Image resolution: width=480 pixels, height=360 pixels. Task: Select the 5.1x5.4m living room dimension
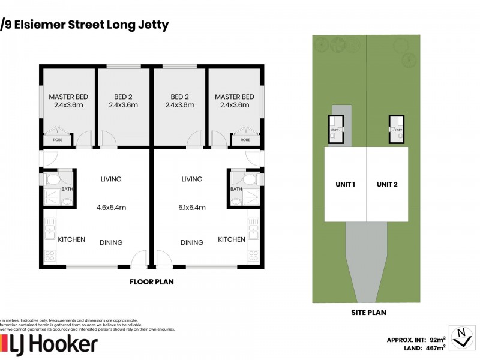tap(192, 208)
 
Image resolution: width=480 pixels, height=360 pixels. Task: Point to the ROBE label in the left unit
tap(58, 140)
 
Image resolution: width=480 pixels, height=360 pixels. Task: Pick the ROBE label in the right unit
tap(245, 140)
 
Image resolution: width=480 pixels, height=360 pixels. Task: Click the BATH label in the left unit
tap(67, 189)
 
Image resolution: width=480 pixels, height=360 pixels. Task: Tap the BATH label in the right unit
tap(236, 189)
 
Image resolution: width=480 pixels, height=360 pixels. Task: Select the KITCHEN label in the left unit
tap(71, 239)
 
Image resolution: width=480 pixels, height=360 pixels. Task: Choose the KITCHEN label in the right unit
tap(231, 239)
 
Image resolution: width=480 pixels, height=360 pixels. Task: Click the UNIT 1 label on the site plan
tap(345, 184)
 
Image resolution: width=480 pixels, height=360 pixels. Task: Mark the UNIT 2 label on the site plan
tap(387, 184)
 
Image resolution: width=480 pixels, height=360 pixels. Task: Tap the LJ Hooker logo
tap(51, 344)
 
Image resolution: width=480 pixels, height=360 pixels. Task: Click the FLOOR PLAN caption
tap(152, 281)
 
